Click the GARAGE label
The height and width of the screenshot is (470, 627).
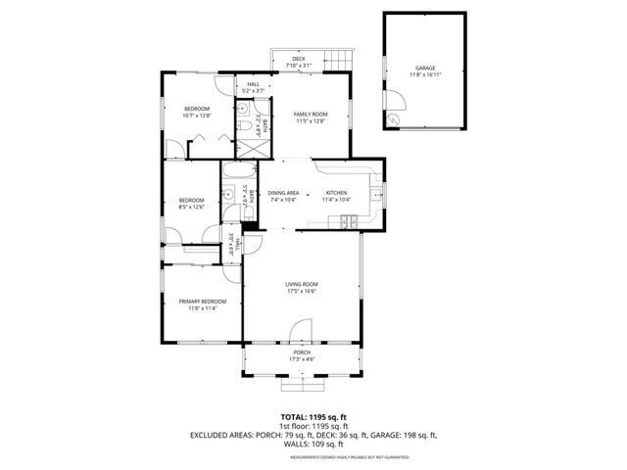[425, 68]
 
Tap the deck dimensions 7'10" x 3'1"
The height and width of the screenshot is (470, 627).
[299, 66]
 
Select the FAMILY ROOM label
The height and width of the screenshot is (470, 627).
[311, 114]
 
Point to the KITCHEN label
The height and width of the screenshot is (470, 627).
[337, 193]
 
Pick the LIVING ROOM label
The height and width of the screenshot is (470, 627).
[302, 284]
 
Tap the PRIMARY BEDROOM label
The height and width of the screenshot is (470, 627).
[203, 301]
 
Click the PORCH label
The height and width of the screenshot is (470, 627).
[301, 352]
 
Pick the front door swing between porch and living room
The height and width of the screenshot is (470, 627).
[302, 331]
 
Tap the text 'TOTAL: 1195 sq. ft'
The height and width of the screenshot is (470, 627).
[313, 416]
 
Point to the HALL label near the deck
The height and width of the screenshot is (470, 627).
[254, 84]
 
